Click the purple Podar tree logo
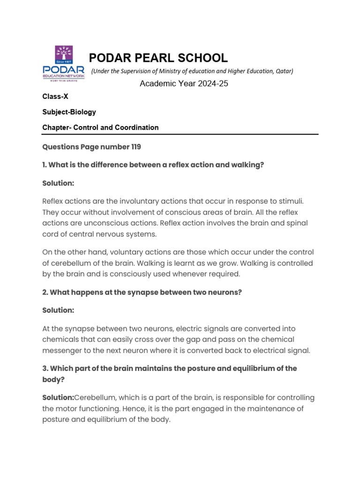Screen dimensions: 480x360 click(x=64, y=55)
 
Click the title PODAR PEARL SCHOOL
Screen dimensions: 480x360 click(x=158, y=58)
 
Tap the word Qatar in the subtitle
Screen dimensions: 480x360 click(x=282, y=71)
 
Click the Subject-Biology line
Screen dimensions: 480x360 click(x=69, y=112)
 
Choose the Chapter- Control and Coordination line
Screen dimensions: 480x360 click(x=100, y=127)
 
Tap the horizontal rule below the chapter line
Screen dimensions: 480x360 click(x=180, y=135)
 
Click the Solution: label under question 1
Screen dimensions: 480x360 click(x=58, y=183)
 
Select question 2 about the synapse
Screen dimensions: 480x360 click(x=142, y=292)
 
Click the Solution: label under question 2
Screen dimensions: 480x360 click(x=58, y=310)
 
